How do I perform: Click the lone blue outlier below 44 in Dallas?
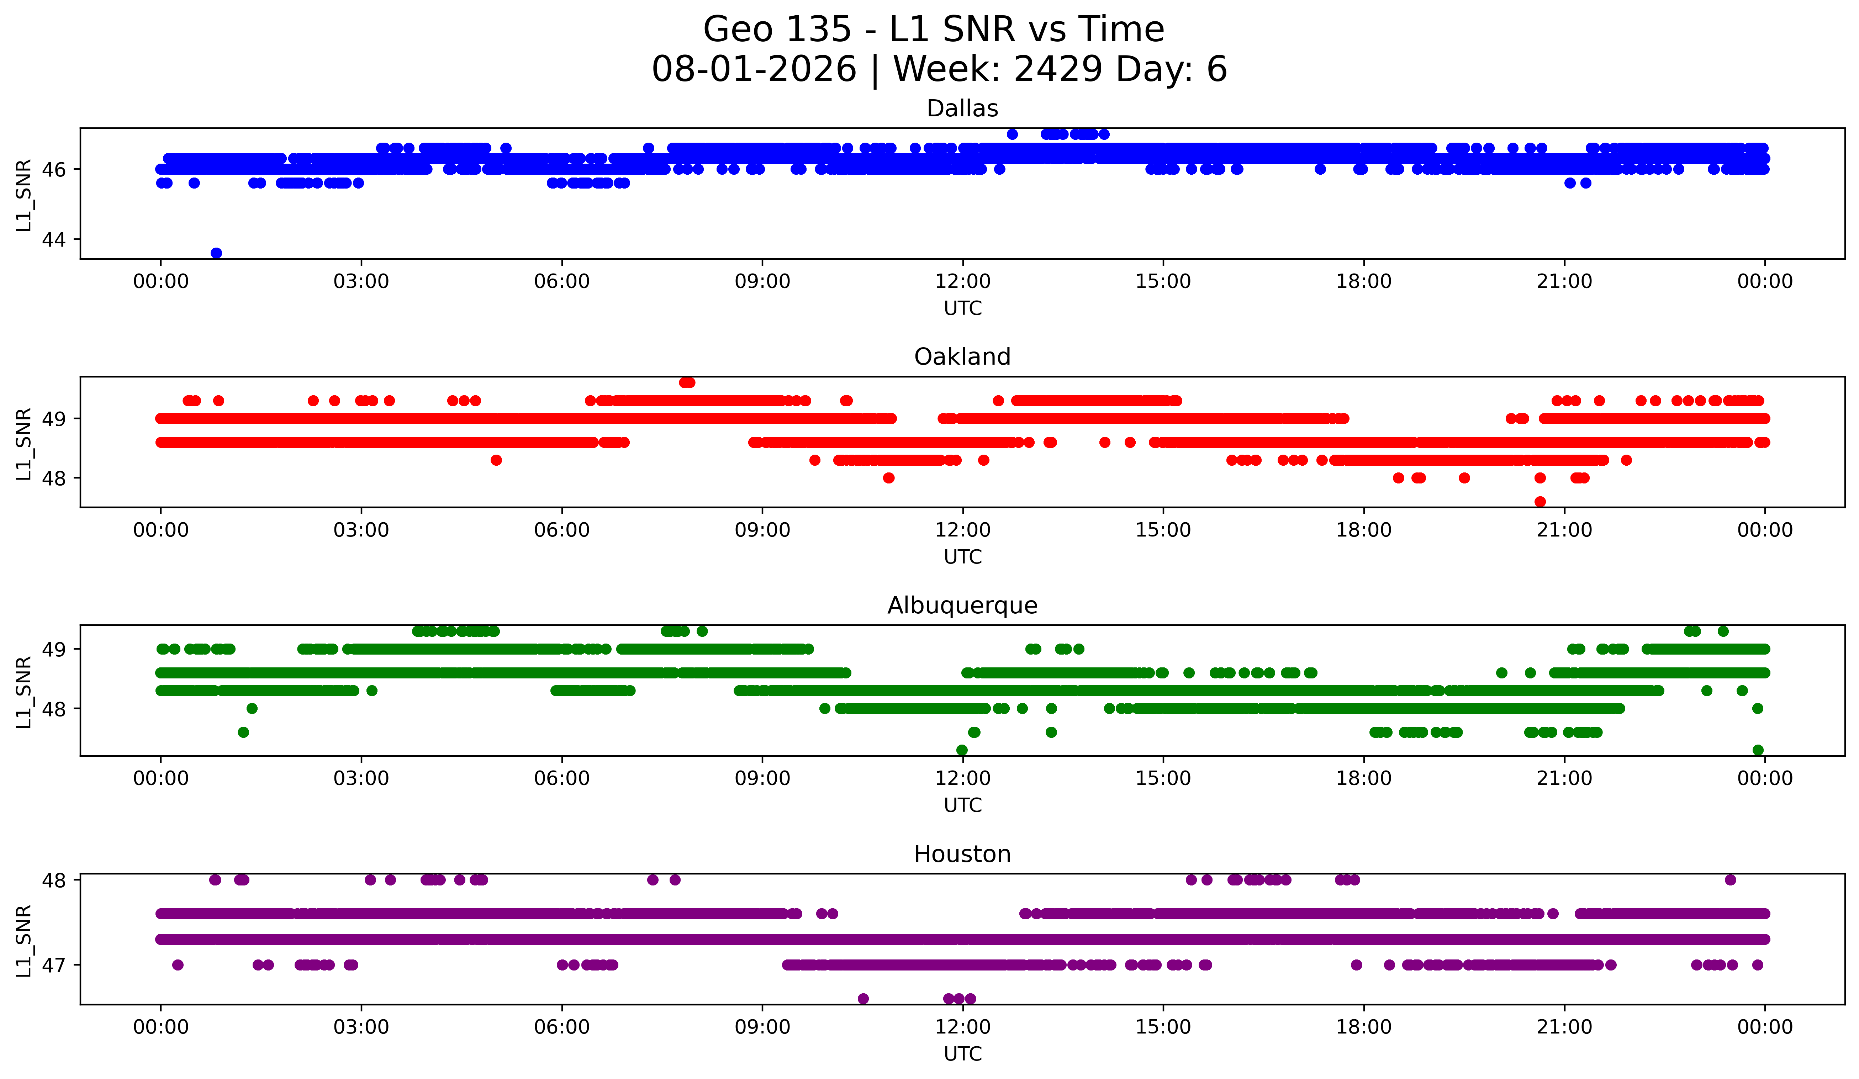coord(216,253)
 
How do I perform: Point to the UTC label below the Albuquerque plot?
coord(963,805)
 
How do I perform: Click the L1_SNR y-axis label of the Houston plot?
coord(23,940)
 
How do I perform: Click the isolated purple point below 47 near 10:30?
coord(863,999)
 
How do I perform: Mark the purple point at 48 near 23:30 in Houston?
coord(1731,880)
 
